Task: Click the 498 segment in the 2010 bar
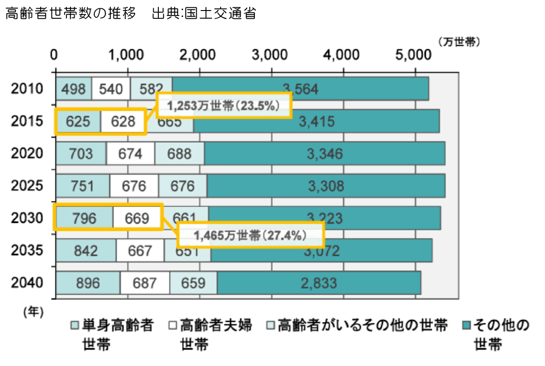pos(74,89)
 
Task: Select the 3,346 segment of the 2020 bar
pos(324,153)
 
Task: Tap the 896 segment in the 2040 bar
pos(88,283)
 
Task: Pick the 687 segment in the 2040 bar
pos(145,283)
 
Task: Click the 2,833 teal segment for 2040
pos(318,283)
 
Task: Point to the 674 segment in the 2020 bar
pos(130,153)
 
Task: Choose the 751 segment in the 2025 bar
pos(83,186)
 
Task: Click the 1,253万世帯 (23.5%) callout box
pos(223,106)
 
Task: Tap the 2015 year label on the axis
pos(27,121)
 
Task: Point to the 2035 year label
pos(27,251)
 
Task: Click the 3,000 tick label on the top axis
pos(270,54)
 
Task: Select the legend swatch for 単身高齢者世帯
pos(75,326)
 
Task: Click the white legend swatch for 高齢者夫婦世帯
pos(173,326)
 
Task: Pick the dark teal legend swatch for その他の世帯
pos(466,326)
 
